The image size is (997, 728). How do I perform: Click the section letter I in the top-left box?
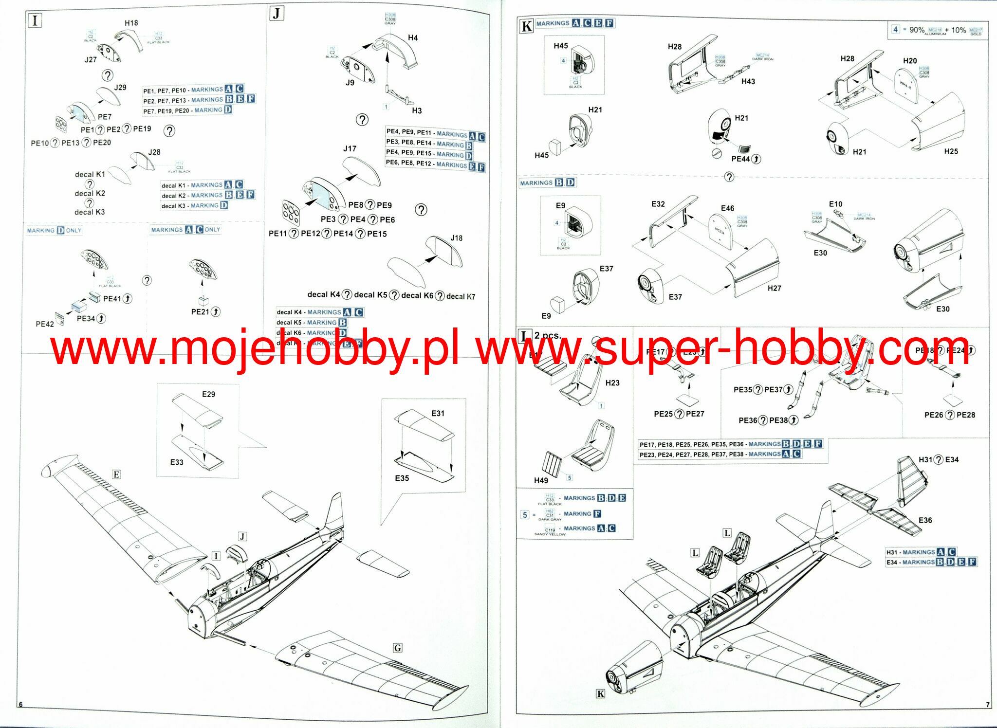tap(35, 21)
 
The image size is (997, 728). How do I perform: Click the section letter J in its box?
tap(277, 13)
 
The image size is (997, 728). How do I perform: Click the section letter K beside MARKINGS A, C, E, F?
tap(526, 26)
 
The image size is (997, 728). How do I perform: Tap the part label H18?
tap(131, 23)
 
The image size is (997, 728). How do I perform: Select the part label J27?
tap(91, 60)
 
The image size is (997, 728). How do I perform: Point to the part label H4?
tap(413, 37)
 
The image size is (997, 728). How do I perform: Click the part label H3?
tap(417, 110)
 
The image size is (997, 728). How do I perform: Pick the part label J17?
tap(350, 148)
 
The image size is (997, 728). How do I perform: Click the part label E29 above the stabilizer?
tap(208, 394)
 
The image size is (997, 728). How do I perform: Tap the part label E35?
tap(402, 478)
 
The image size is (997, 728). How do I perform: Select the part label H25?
tap(951, 151)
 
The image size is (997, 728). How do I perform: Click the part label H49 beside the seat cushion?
tap(541, 480)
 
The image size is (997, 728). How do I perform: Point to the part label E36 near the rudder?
tap(925, 520)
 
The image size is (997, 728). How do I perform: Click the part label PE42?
tap(45, 324)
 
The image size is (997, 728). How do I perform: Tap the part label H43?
tap(748, 81)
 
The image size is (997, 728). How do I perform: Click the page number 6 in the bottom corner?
tap(20, 705)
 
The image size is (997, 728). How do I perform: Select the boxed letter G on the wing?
tap(398, 648)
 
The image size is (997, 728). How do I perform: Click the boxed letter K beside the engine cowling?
tap(601, 694)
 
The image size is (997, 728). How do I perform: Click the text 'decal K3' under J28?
tap(90, 212)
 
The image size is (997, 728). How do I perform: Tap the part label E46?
tap(727, 208)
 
